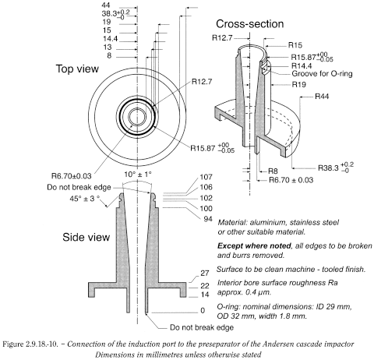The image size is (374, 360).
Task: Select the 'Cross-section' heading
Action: (249, 24)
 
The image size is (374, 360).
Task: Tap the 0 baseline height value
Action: (201, 309)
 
